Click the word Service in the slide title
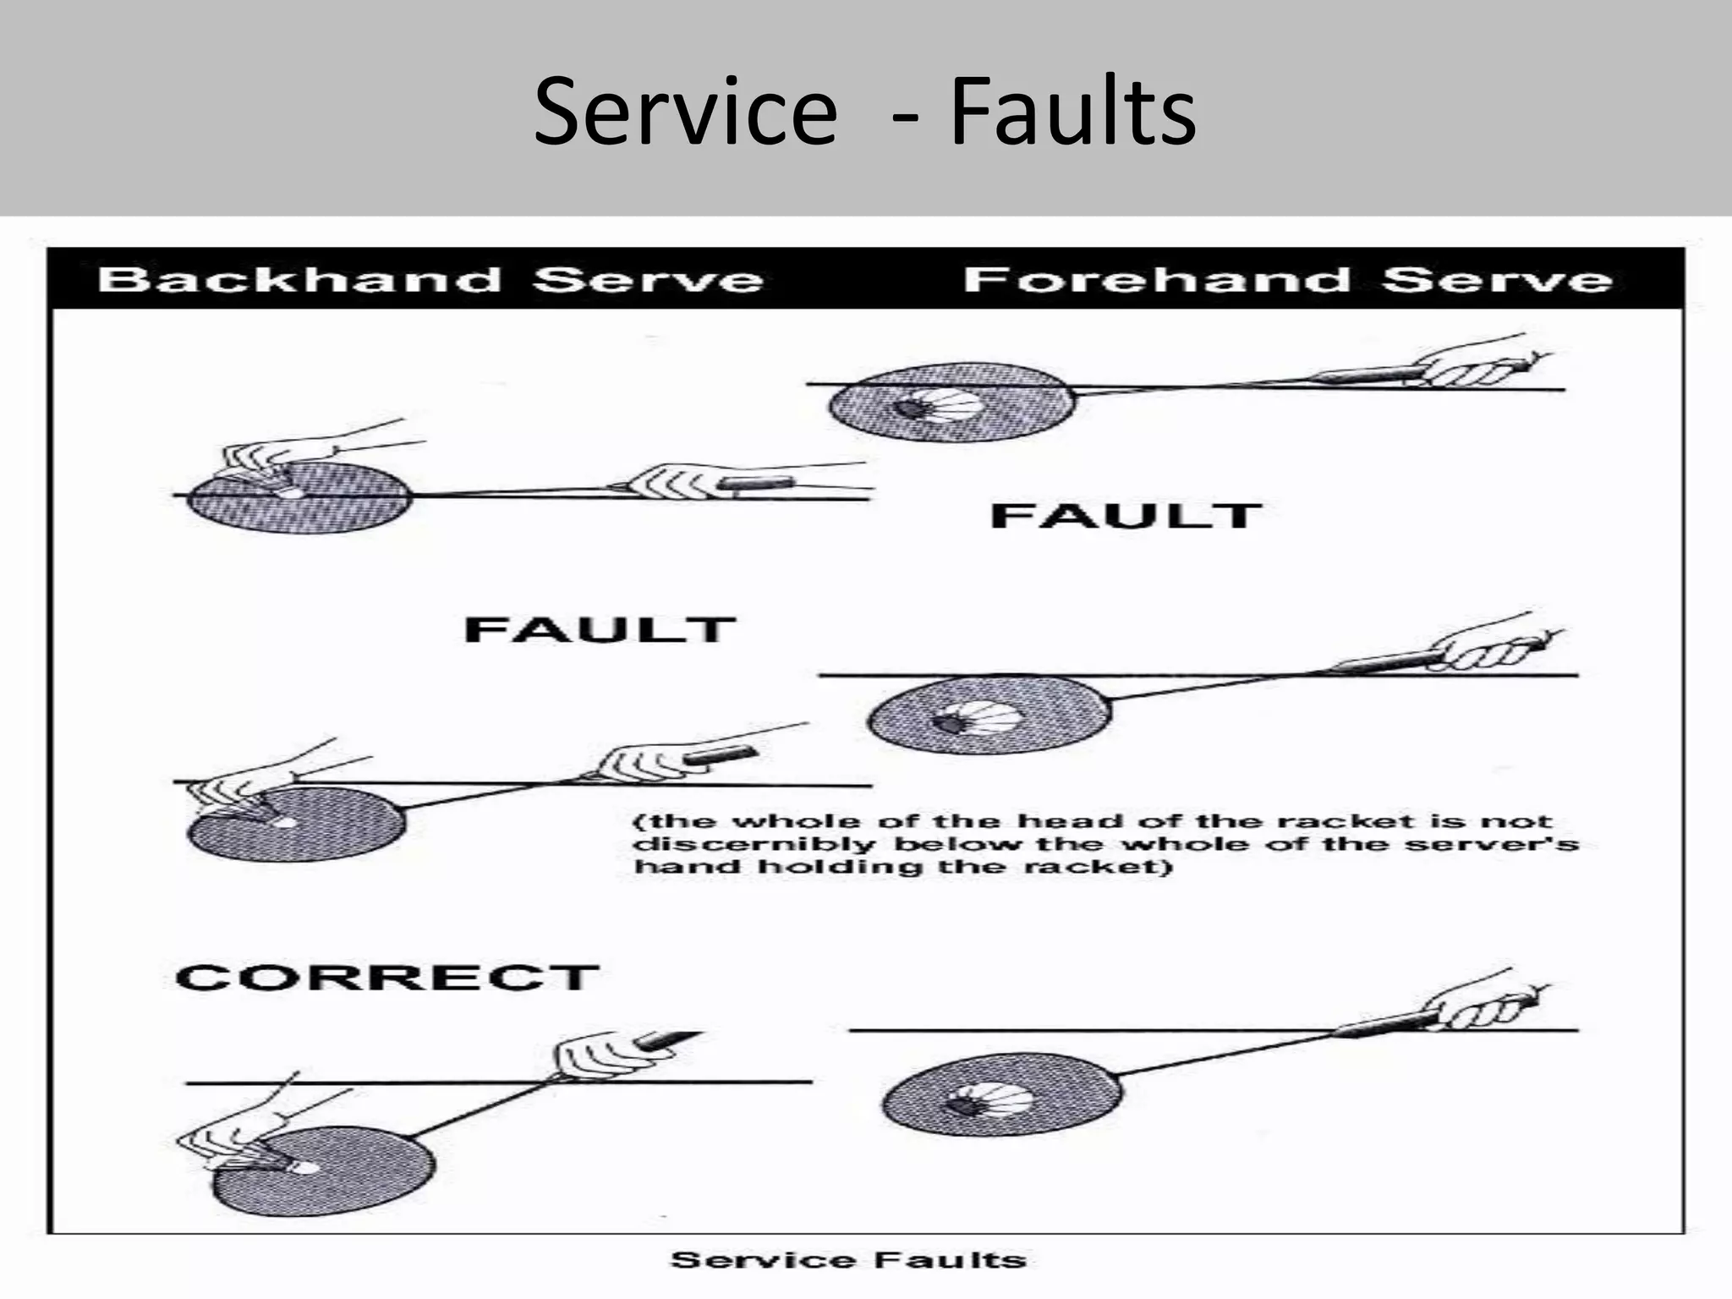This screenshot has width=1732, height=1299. tap(686, 112)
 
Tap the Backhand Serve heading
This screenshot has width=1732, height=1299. tap(430, 279)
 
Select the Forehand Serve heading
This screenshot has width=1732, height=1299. tap(1287, 279)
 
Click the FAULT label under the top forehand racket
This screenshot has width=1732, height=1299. tap(1126, 516)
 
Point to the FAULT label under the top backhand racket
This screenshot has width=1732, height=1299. tap(600, 630)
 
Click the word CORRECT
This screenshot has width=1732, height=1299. tap(387, 978)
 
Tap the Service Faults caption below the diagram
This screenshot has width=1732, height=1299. tap(848, 1260)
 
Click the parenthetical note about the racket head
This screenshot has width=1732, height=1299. tap(1106, 844)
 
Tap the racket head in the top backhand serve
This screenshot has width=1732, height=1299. tap(299, 497)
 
